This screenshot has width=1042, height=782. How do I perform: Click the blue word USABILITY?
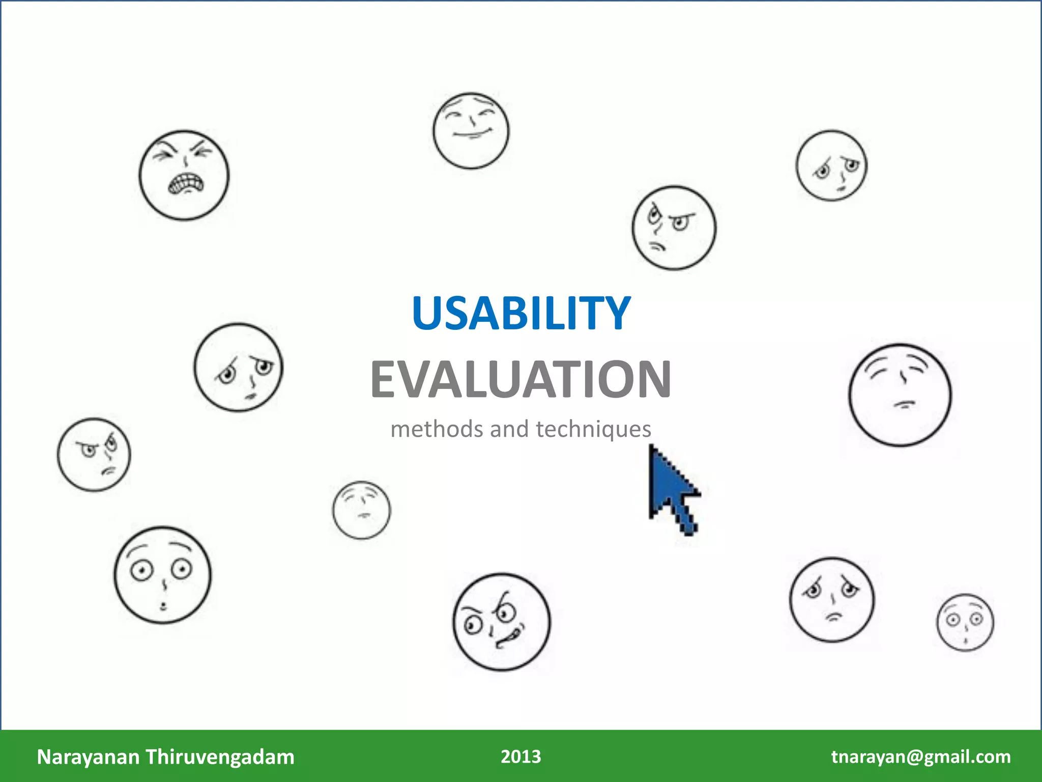pos(521,313)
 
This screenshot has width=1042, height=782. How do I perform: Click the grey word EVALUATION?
pos(521,379)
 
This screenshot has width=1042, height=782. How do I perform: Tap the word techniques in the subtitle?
pos(593,429)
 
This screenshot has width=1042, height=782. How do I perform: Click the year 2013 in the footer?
pos(520,757)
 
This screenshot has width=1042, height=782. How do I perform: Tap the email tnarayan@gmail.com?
pos(921,757)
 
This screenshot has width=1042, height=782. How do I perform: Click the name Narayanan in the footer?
pos(88,757)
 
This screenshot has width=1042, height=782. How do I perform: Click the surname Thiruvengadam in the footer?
pos(220,757)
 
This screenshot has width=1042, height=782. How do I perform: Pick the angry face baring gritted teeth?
pos(184,175)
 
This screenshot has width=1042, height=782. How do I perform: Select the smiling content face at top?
pos(471,131)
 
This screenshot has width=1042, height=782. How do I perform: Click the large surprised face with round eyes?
pos(162,575)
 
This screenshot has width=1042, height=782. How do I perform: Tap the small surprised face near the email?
pos(965,622)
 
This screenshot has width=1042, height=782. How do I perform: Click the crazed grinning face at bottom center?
pos(501,622)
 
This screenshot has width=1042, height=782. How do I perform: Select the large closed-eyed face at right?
pos(900,395)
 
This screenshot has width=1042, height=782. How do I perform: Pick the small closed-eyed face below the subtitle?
pos(362,510)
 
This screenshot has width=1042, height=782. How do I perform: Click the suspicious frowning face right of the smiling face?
pos(674,228)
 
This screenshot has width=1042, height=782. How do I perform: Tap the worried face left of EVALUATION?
pos(238,367)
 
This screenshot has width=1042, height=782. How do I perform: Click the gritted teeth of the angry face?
pos(186,183)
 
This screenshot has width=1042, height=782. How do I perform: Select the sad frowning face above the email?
pos(832,599)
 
